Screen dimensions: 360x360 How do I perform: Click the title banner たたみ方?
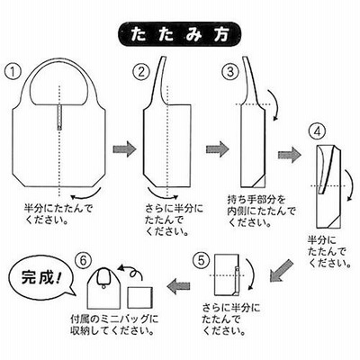(180, 35)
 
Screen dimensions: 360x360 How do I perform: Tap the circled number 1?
(13, 72)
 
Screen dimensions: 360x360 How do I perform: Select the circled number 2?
(141, 72)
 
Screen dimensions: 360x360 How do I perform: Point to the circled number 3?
(229, 72)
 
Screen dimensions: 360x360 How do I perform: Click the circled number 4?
(318, 132)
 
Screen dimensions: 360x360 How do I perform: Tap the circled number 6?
(83, 260)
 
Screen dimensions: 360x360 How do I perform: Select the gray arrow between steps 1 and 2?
(124, 149)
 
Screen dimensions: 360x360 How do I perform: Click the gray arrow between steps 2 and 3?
(218, 149)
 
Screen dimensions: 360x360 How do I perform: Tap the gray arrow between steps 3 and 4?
(290, 155)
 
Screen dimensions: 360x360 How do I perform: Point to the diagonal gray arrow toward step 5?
(280, 270)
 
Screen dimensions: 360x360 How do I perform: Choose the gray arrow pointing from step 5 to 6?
(178, 286)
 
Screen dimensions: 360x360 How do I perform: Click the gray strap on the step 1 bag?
(59, 118)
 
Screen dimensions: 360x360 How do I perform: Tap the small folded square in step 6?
(139, 297)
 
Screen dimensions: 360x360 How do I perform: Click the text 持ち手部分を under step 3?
(256, 199)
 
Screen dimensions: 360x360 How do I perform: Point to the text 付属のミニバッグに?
(114, 319)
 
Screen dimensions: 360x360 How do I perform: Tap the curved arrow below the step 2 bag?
(164, 195)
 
